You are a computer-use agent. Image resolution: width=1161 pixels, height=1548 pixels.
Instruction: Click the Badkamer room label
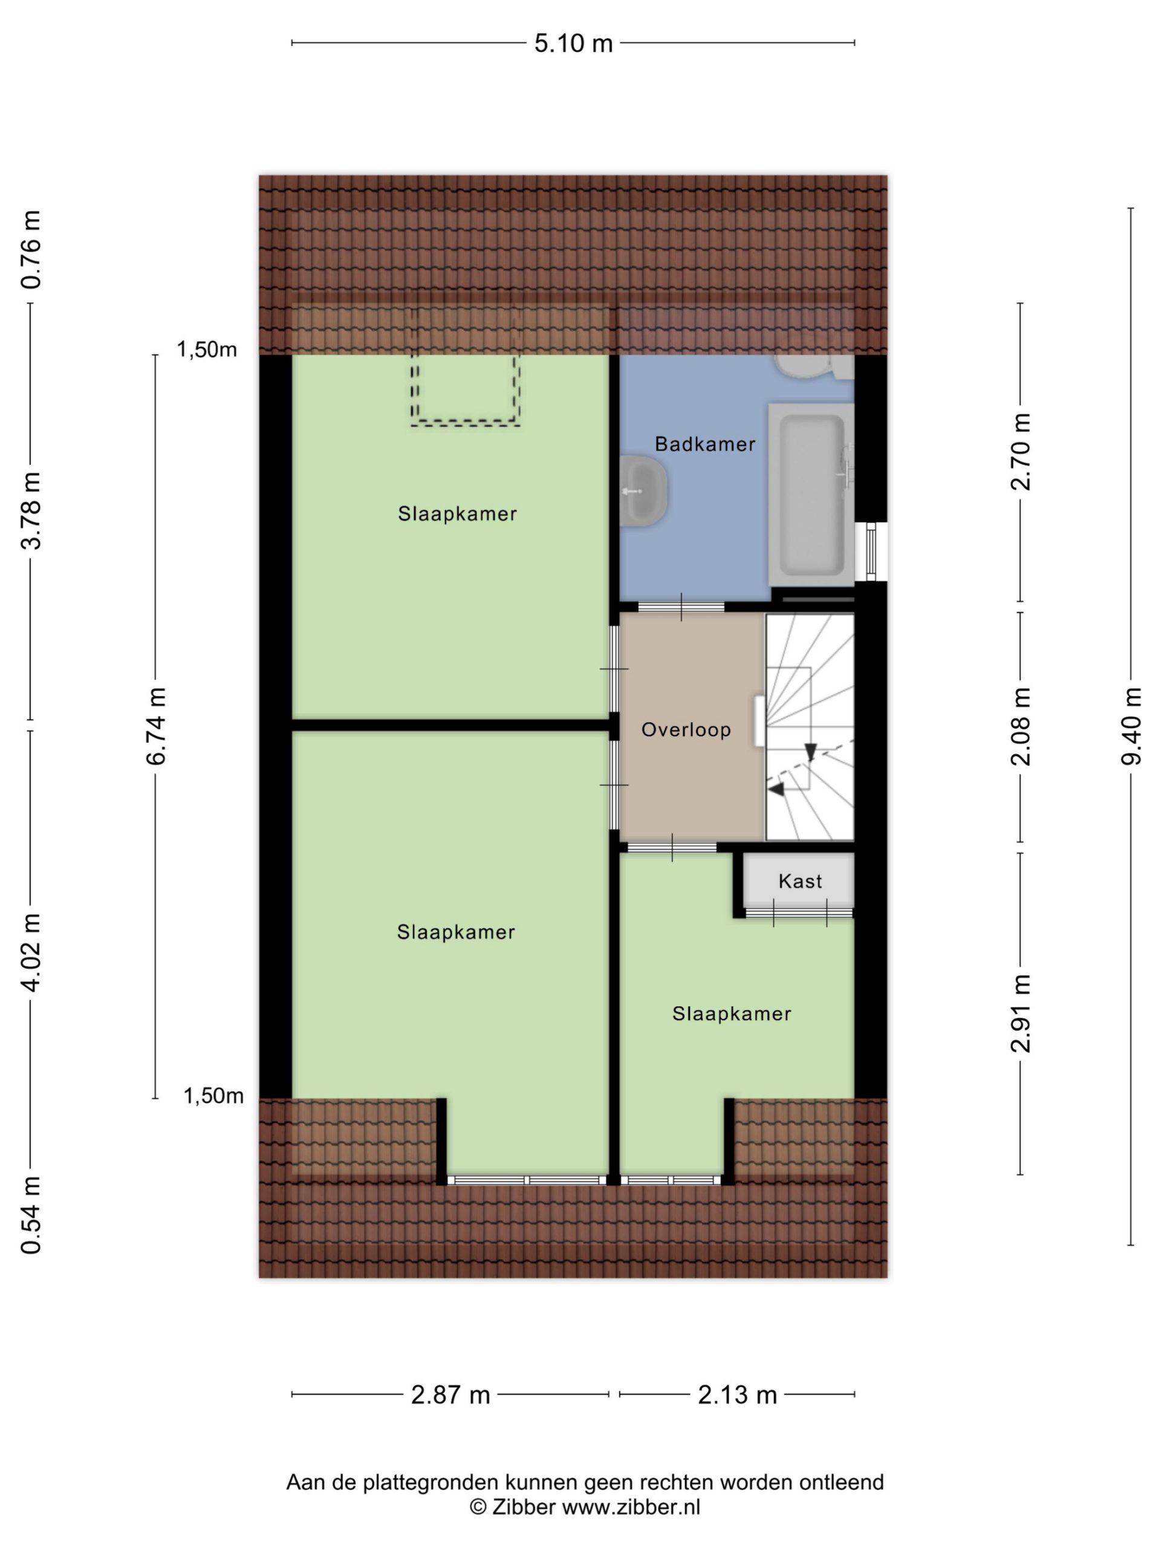[x=704, y=444]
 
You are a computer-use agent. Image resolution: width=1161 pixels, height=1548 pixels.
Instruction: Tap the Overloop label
[x=686, y=729]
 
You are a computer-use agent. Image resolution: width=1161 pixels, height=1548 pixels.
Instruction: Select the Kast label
[x=800, y=881]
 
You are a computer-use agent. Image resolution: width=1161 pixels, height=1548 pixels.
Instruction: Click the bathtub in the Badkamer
[x=811, y=494]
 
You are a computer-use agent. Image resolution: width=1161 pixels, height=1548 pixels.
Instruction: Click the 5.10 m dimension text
[x=573, y=44]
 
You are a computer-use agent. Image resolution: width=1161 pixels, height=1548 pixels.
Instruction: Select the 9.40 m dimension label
[x=1131, y=726]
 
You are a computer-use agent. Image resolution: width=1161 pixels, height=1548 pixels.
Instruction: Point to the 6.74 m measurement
[x=156, y=726]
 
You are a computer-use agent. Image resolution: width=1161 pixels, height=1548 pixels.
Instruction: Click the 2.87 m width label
[x=450, y=1395]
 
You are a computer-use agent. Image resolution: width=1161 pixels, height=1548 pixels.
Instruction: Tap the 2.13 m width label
[x=738, y=1395]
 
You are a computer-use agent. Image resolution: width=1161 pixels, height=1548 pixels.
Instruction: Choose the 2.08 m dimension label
[x=1021, y=726]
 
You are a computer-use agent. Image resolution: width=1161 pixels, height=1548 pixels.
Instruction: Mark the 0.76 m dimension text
[x=31, y=250]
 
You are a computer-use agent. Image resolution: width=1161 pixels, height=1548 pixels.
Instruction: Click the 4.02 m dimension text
[x=31, y=953]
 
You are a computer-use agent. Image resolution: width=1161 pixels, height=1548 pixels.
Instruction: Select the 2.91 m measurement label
[x=1021, y=1013]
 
